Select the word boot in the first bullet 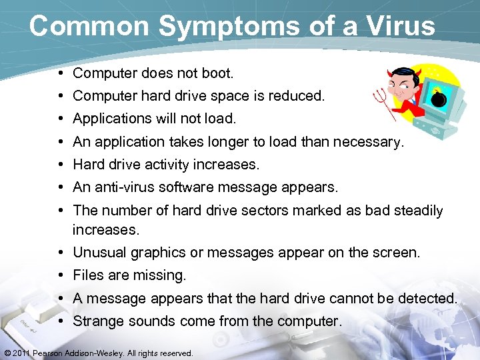[216, 73]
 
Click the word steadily [413, 211]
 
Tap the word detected [427, 298]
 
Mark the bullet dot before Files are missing [61, 275]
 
